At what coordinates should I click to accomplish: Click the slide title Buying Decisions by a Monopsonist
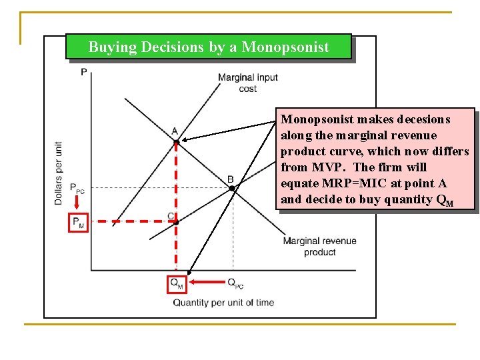point(209,47)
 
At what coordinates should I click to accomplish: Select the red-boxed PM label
point(78,222)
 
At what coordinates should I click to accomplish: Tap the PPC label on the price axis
point(77,189)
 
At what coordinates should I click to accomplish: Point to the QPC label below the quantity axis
point(235,283)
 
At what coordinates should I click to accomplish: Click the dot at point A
point(176,142)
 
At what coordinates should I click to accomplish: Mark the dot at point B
point(231,189)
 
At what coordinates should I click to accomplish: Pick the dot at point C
point(176,222)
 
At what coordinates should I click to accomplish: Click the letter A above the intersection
point(174,131)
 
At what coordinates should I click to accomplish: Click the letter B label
point(230,179)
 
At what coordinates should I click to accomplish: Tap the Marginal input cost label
point(247,83)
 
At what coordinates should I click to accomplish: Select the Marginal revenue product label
point(319,247)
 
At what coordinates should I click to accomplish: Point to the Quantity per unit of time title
point(223,303)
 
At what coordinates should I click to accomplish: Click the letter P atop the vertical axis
point(83,71)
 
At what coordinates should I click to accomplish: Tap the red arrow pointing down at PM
point(78,204)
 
